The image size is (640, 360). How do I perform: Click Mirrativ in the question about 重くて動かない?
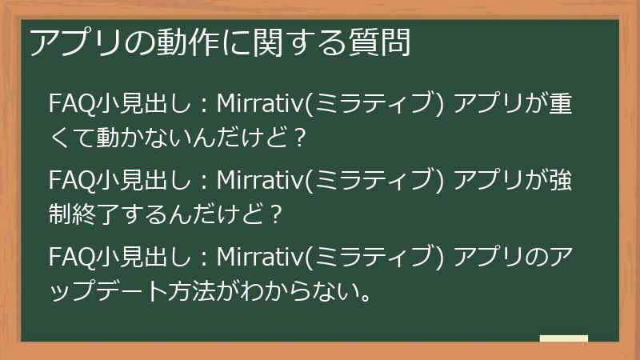pyautogui.click(x=260, y=105)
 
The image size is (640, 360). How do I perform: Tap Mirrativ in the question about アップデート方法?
pyautogui.click(x=260, y=258)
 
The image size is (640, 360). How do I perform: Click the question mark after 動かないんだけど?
pyautogui.click(x=300, y=137)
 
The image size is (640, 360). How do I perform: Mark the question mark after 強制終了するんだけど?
pyautogui.click(x=275, y=213)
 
